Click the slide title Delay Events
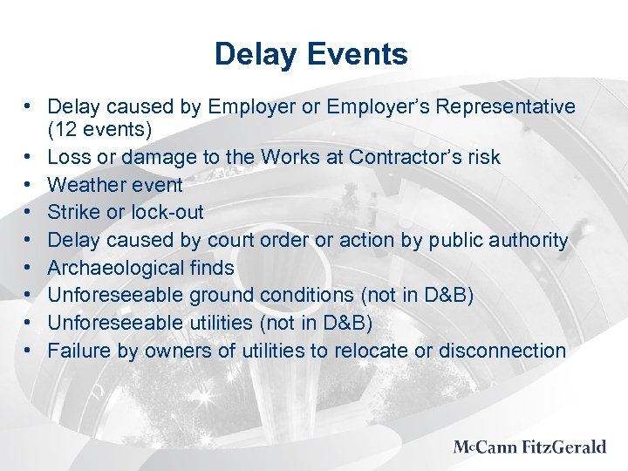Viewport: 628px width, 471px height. [x=311, y=55]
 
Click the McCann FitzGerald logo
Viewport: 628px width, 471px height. [x=529, y=447]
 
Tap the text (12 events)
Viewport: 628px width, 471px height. [x=99, y=130]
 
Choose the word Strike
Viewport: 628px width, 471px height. [x=73, y=212]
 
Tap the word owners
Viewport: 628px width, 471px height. [x=172, y=351]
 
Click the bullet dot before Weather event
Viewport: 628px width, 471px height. [x=30, y=185]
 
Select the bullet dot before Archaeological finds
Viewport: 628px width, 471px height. [x=30, y=268]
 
